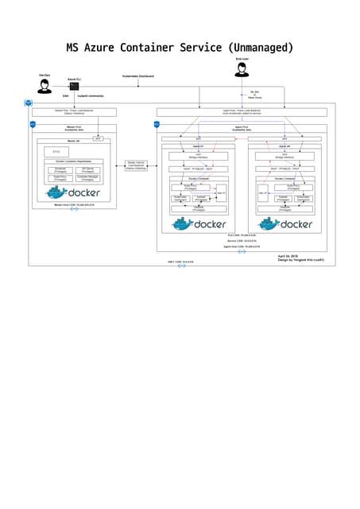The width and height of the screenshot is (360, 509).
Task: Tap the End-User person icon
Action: click(x=242, y=71)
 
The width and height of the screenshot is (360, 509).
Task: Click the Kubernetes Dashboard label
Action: click(x=137, y=76)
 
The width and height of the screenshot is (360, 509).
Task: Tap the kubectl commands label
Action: click(x=91, y=96)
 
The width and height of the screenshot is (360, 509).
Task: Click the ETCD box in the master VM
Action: click(x=56, y=152)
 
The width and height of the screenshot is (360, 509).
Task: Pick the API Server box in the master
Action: click(x=88, y=170)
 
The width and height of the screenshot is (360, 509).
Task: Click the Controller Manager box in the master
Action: click(x=88, y=179)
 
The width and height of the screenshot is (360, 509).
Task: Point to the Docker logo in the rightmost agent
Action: click(x=285, y=224)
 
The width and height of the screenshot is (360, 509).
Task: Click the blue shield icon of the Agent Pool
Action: click(x=157, y=124)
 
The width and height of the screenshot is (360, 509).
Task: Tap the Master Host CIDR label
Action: click(x=74, y=204)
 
